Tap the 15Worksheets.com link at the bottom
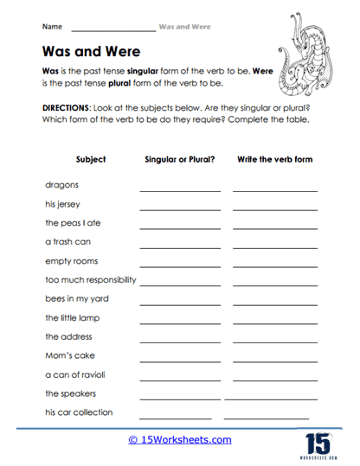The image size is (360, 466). [180, 439]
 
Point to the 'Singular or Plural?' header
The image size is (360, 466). [179, 159]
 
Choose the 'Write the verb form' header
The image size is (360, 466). [274, 159]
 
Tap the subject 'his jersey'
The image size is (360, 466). [63, 204]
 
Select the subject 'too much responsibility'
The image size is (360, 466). [90, 280]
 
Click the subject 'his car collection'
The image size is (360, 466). [79, 412]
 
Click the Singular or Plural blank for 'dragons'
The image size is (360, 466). [179, 188]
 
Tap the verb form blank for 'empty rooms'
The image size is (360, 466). [275, 265]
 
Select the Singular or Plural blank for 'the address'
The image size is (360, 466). [179, 341]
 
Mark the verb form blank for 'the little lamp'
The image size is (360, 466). [275, 322]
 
